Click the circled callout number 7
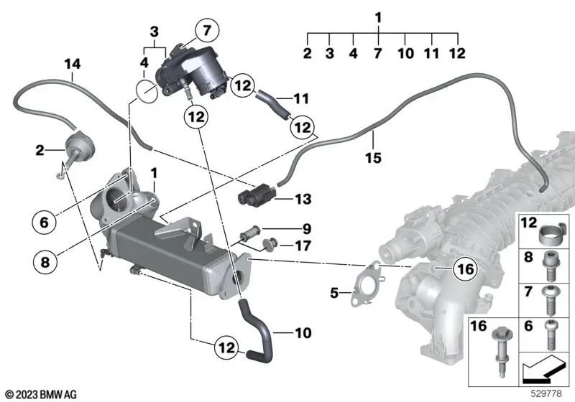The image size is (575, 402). pyautogui.click(x=206, y=31)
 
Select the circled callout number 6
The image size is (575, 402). pyautogui.click(x=43, y=223)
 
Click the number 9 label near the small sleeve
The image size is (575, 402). pyautogui.click(x=305, y=230)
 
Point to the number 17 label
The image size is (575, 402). pyautogui.click(x=305, y=246)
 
